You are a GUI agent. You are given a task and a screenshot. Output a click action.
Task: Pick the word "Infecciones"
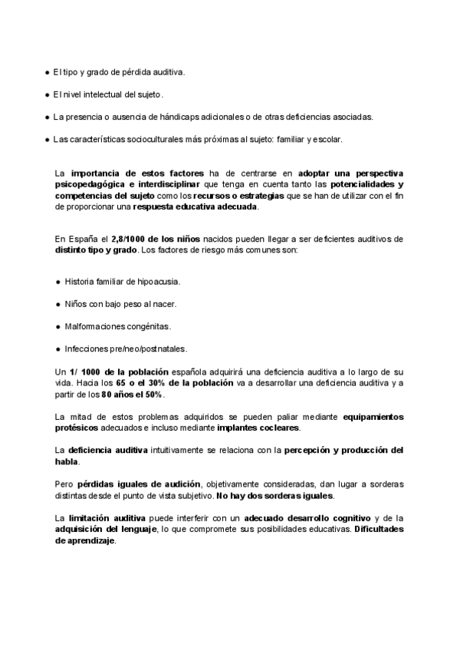(x=87, y=349)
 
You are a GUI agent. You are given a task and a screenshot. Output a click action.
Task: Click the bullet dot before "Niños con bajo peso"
(x=58, y=304)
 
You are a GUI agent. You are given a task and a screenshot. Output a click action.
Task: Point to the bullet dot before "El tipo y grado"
(x=47, y=72)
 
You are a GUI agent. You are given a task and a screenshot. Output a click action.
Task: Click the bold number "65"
(x=121, y=383)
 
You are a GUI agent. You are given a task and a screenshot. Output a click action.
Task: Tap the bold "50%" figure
(x=153, y=394)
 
